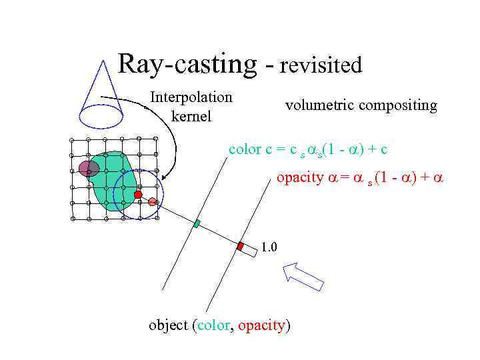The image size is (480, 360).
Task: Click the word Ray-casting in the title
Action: pos(187,64)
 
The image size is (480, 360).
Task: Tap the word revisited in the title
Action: pos(321,65)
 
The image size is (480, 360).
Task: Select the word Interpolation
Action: pos(191,97)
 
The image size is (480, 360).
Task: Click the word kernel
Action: pos(191,117)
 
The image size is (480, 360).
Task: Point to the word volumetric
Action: pos(319,105)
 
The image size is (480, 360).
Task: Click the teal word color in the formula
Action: pos(245,149)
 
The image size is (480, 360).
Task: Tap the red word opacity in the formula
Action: pos(299,178)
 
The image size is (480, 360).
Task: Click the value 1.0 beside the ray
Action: pos(269,248)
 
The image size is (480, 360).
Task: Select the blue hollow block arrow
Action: pos(303,275)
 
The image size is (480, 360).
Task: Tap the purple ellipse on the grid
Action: pos(89,169)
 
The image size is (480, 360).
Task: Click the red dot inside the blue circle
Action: pos(138,195)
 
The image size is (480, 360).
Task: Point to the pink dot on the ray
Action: pos(153,201)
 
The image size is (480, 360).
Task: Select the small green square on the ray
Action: pos(197,223)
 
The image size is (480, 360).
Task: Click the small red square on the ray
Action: pos(240,246)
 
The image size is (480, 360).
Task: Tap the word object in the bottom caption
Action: pos(168,326)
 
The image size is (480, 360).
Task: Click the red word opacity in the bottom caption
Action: pos(261,326)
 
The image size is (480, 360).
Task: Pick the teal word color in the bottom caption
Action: pos(212,326)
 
